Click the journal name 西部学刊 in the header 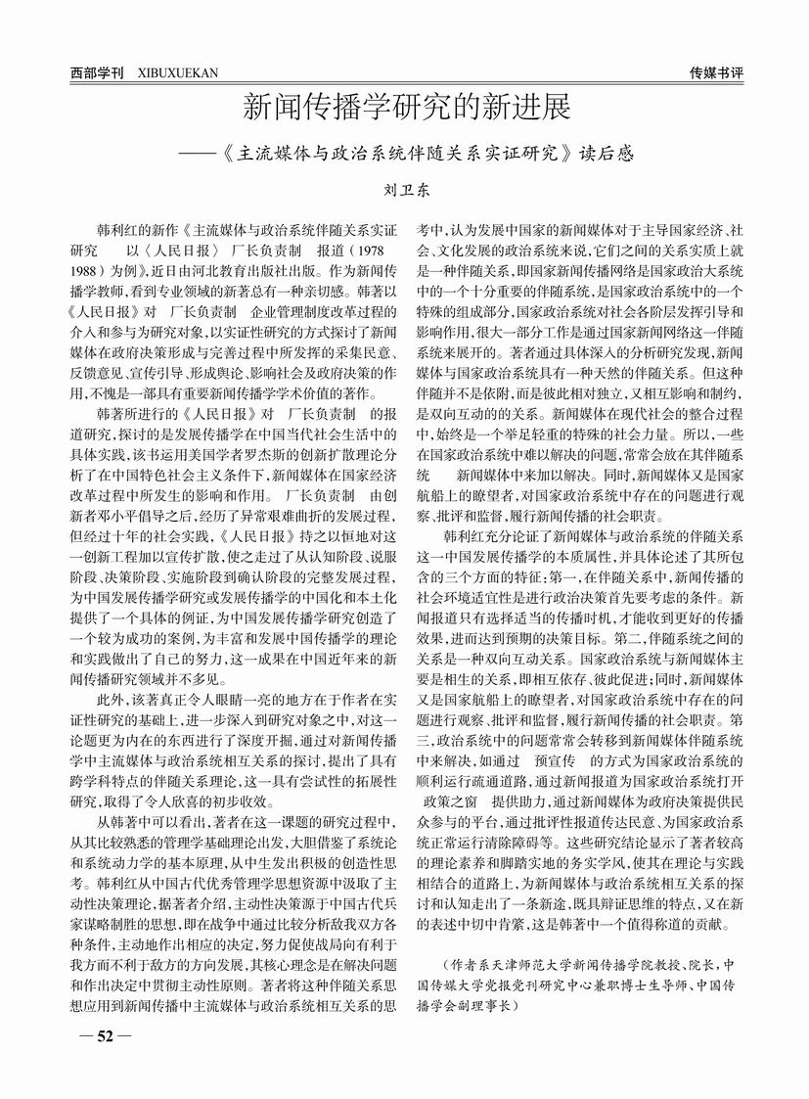[x=96, y=72]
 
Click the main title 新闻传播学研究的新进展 [x=405, y=106]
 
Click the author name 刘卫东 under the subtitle [x=405, y=193]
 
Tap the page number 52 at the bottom [x=99, y=1035]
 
